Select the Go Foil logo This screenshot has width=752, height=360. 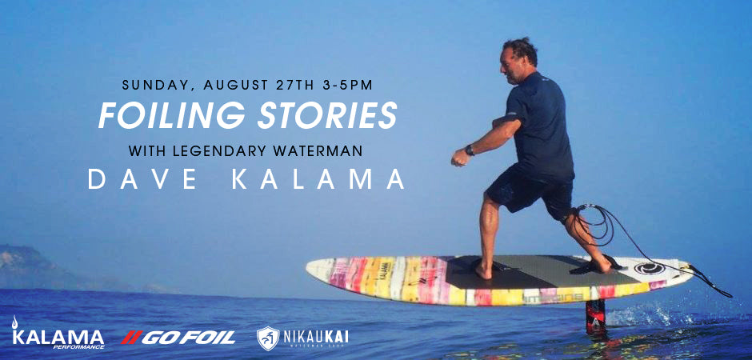tap(178, 337)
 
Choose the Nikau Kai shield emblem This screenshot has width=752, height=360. tap(267, 337)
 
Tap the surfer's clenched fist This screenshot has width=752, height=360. tap(458, 158)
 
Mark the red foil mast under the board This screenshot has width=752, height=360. tap(595, 314)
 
